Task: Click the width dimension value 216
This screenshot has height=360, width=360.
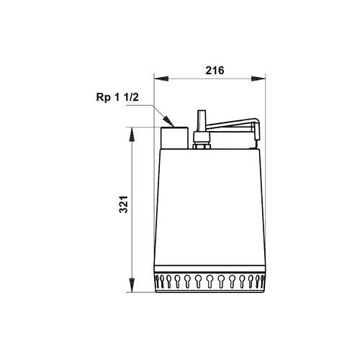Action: pos(215,71)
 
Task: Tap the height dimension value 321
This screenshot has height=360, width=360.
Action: pos(124,204)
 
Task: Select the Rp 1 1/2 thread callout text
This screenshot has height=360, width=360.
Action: pos(117,97)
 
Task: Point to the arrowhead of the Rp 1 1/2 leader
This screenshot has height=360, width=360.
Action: pos(168,121)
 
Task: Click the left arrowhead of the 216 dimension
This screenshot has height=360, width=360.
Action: pos(161,78)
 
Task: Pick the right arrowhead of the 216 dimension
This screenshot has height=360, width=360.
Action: pos(258,78)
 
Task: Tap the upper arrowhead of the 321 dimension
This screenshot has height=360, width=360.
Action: pos(132,135)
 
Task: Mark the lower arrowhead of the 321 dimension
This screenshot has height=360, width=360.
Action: pos(132,285)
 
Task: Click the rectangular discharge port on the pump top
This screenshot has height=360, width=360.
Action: pos(174,138)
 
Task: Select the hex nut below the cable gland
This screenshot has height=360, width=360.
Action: pos(202,146)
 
